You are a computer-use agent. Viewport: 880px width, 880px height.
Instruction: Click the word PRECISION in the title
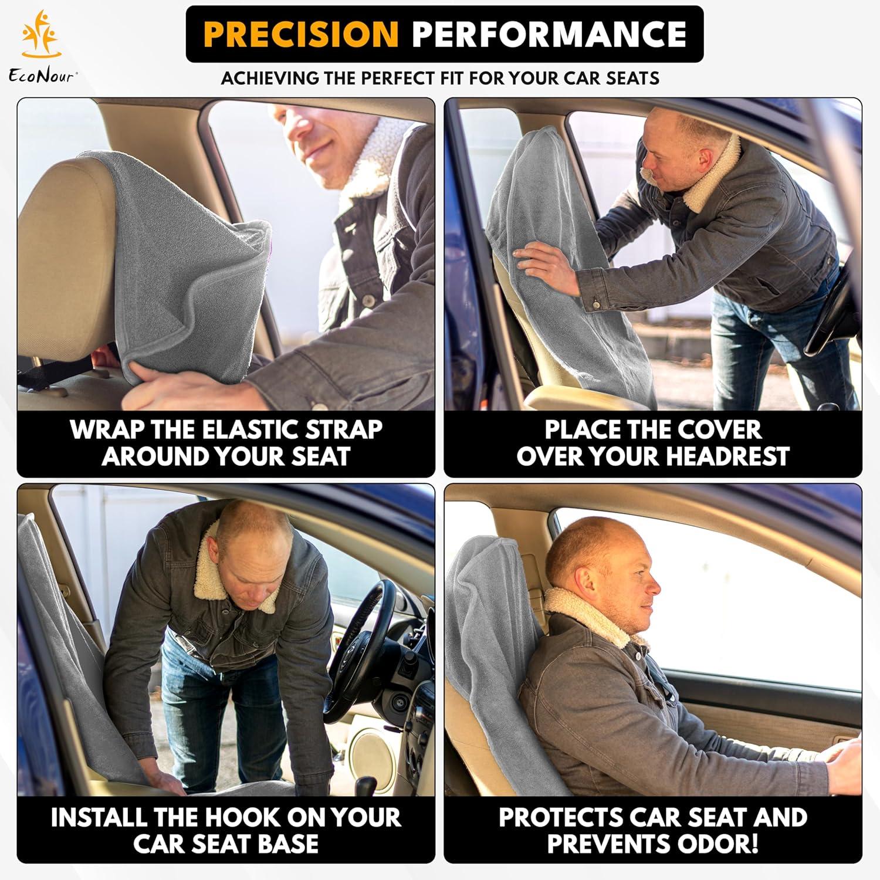pos(302,34)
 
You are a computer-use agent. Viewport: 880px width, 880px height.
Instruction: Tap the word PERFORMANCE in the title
pos(549,34)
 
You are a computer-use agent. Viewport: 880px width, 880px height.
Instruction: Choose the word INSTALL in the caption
pos(99,817)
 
